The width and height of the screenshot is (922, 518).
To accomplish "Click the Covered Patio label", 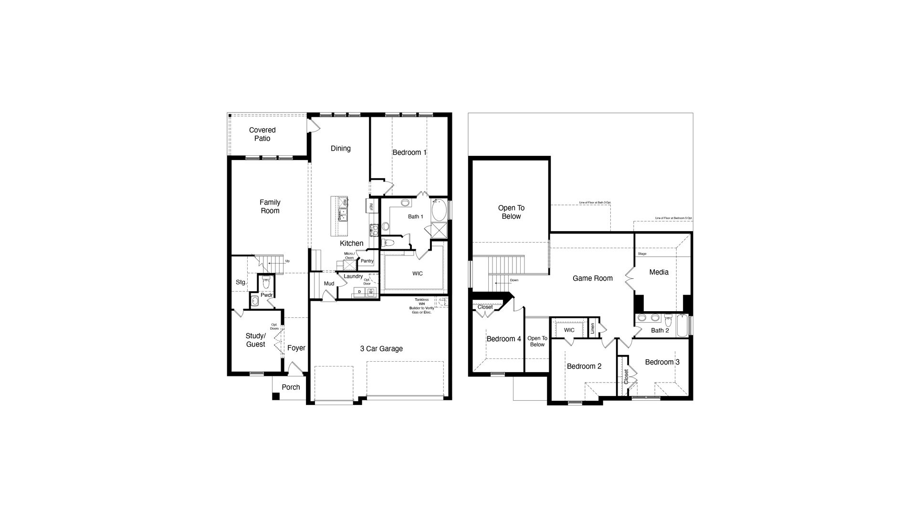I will tap(262, 134).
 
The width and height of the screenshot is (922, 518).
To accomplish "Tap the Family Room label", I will tap(270, 206).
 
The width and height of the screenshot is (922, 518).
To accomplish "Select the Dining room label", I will tap(340, 148).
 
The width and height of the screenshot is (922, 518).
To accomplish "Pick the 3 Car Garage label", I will tap(381, 348).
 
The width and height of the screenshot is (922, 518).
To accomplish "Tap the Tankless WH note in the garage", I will tap(421, 305).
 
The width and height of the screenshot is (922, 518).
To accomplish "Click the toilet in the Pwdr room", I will tap(266, 281).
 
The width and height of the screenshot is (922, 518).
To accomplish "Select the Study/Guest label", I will tap(255, 340).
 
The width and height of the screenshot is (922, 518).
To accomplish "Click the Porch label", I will tap(290, 387).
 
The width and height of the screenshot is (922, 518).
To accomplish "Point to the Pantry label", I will tap(367, 261).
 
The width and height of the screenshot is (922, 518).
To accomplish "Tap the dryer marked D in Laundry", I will tap(359, 291).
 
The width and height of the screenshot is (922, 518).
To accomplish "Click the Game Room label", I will tap(592, 278).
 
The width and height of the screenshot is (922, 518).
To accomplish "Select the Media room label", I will tap(659, 272).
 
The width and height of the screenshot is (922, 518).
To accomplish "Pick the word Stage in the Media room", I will tap(642, 254).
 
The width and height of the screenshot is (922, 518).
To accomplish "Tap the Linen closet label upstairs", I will tap(592, 328).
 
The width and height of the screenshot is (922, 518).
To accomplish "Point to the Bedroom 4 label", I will tap(503, 339).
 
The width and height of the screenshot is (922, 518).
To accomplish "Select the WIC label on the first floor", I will tap(417, 274).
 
